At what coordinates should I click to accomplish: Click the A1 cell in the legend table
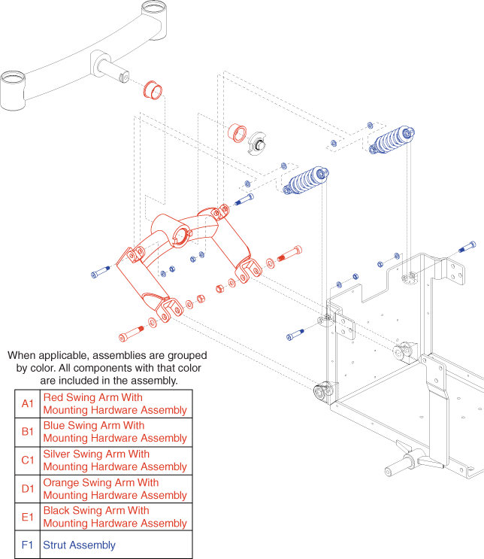(x=27, y=403)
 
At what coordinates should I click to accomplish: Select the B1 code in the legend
(x=27, y=432)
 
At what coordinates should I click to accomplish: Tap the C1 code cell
(x=27, y=460)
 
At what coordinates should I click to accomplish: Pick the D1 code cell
(x=27, y=489)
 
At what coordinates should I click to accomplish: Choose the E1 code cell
(x=27, y=517)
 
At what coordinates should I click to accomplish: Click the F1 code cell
(x=27, y=545)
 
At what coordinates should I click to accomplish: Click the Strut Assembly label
(x=79, y=545)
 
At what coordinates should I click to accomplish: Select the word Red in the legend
(x=53, y=397)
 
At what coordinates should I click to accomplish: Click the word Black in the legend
(x=57, y=511)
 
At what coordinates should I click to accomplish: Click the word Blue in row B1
(x=55, y=426)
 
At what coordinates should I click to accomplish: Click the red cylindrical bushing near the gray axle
(x=154, y=88)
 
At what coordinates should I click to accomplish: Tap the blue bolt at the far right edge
(x=467, y=247)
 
